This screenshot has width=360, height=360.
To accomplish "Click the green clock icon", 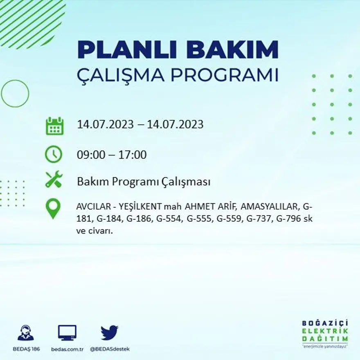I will [x=54, y=155].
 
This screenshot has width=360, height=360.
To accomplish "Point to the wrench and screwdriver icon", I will [x=54, y=180].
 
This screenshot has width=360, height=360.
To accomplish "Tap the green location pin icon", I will [x=53, y=208].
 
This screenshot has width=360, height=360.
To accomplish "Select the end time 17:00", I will [x=133, y=155].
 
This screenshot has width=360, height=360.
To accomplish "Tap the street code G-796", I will [x=289, y=218].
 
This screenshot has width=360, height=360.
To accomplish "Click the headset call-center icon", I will [x=25, y=333].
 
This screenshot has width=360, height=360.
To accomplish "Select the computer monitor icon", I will [x=67, y=333].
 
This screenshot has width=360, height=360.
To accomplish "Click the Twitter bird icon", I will [x=109, y=333].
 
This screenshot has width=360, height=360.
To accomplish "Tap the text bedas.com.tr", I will [x=67, y=349].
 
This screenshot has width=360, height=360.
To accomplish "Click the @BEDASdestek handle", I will [x=109, y=349].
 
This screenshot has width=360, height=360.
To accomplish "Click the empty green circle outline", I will [x=15, y=93].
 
